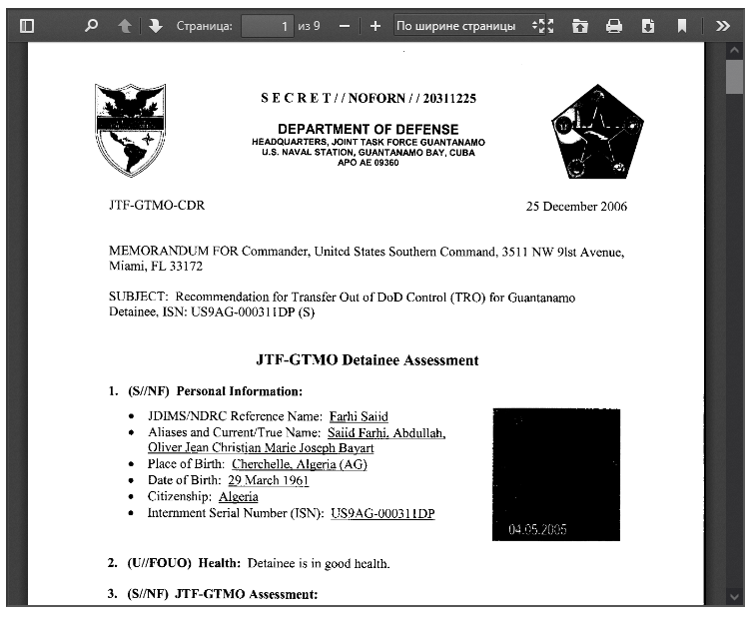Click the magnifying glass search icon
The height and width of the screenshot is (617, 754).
coord(91,26)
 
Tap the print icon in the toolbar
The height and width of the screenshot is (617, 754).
coord(614,26)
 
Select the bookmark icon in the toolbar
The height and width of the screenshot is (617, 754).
coord(682,26)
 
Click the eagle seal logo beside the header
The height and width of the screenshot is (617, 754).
coord(130,130)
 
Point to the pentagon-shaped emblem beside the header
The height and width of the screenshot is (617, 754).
coord(597,131)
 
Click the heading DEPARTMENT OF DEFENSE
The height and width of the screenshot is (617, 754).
coord(368,129)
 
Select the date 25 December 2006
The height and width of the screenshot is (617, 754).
coord(577,207)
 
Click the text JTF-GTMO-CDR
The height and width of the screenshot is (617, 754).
coord(156,207)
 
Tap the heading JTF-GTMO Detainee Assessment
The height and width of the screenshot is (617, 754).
coord(368,360)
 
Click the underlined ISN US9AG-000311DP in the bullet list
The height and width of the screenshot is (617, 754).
coord(382,513)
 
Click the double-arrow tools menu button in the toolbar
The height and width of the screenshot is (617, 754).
coord(723,26)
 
